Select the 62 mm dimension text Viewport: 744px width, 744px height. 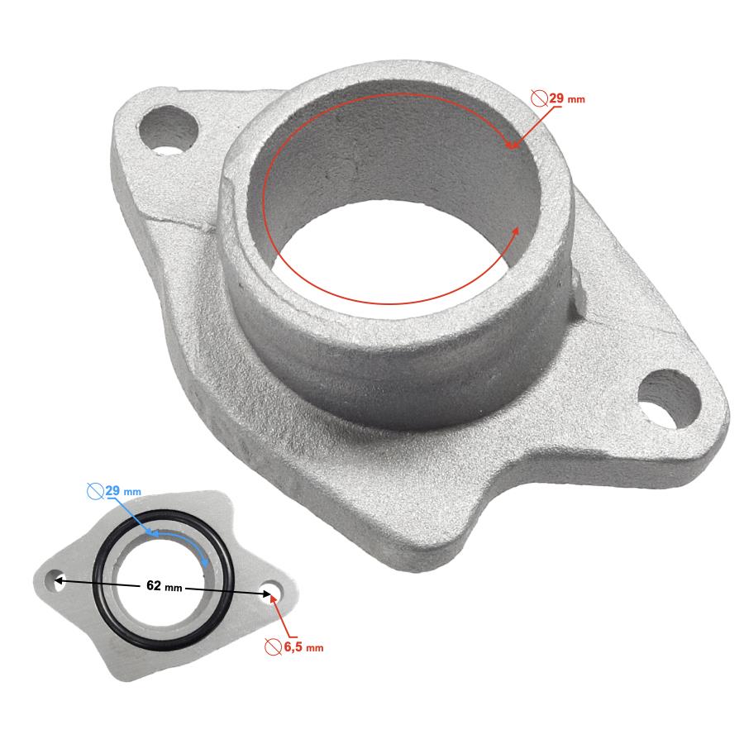(x=165, y=586)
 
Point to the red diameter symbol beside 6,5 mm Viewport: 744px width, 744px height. (x=273, y=646)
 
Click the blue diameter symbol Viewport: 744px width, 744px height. (x=95, y=491)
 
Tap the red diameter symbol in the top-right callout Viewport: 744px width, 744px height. (x=540, y=98)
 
